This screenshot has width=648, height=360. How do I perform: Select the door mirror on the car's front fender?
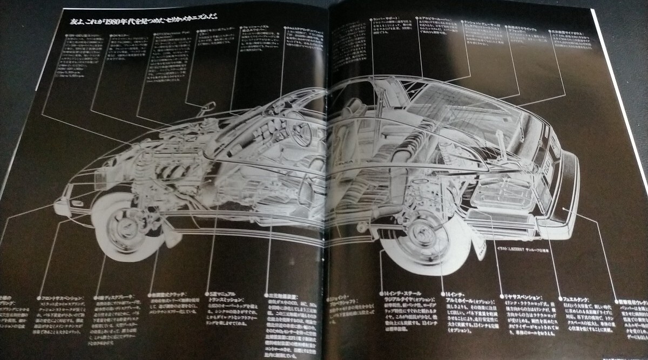coord(206,108)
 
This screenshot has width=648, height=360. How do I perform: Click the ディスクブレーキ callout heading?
coord(113,297)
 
